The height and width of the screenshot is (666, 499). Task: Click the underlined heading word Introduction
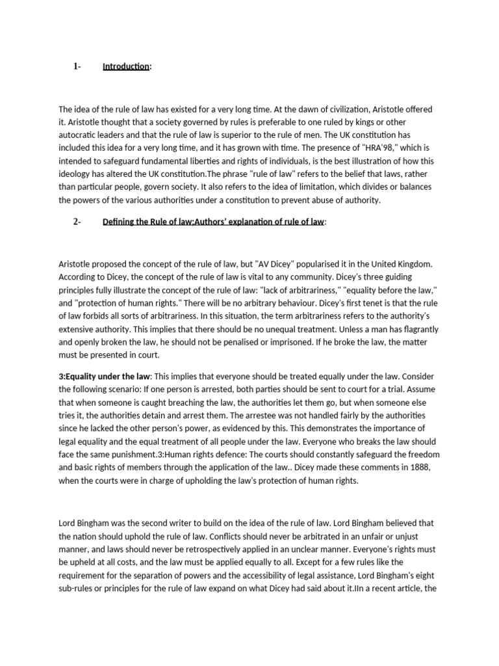126,67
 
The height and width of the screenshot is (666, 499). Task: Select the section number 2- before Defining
77,222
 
